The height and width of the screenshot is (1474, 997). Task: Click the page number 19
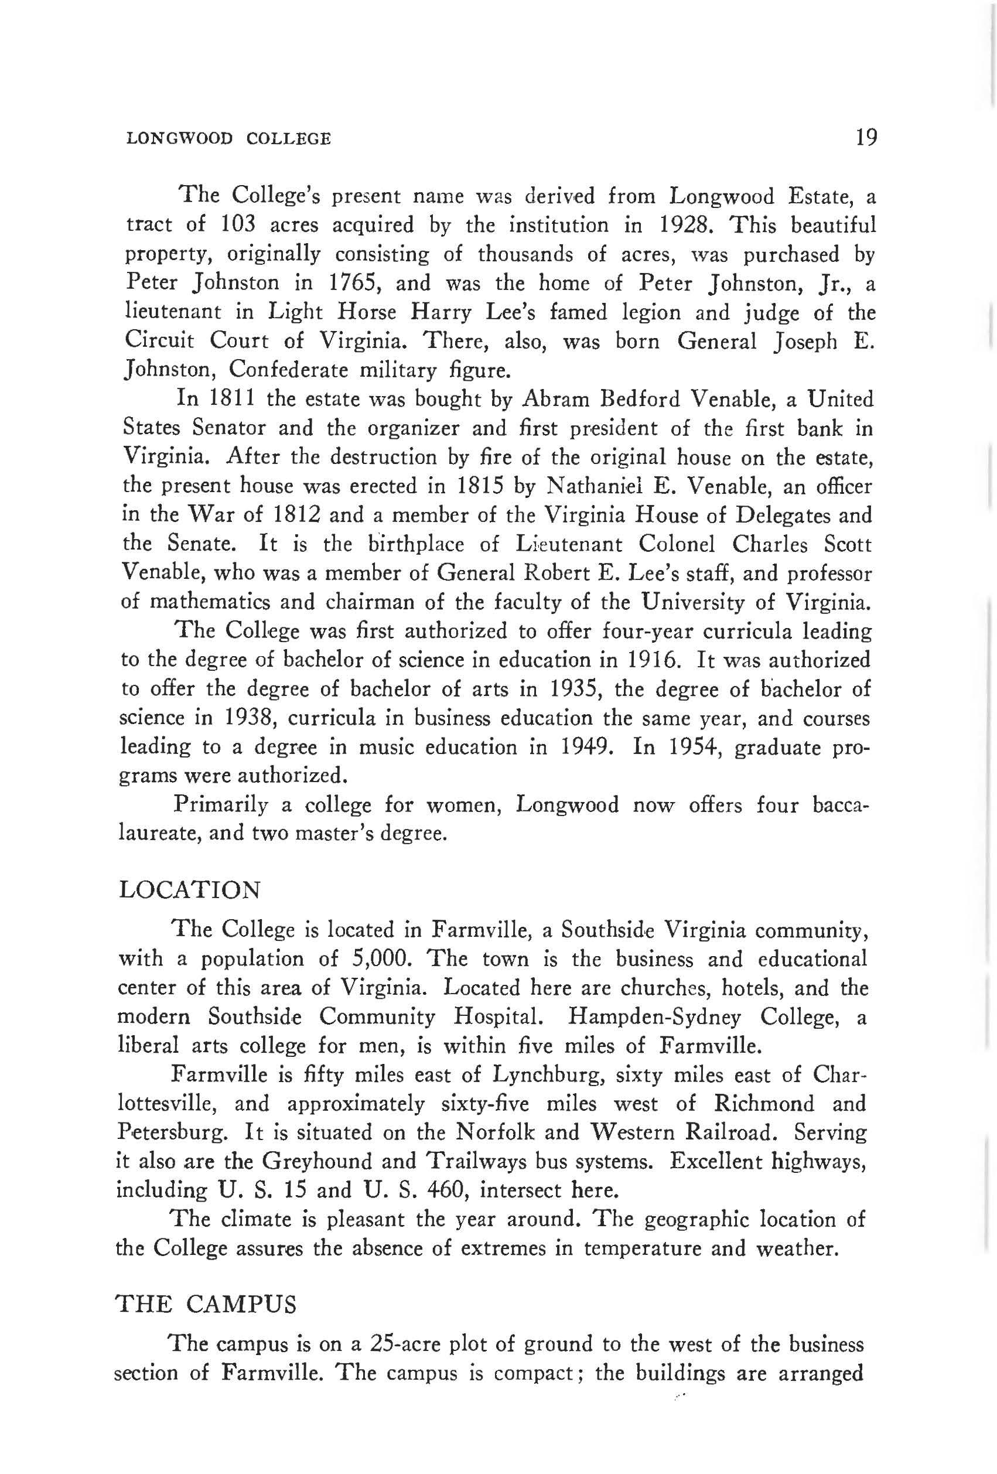(x=866, y=137)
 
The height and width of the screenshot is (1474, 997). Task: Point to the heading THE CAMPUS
(x=206, y=1305)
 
